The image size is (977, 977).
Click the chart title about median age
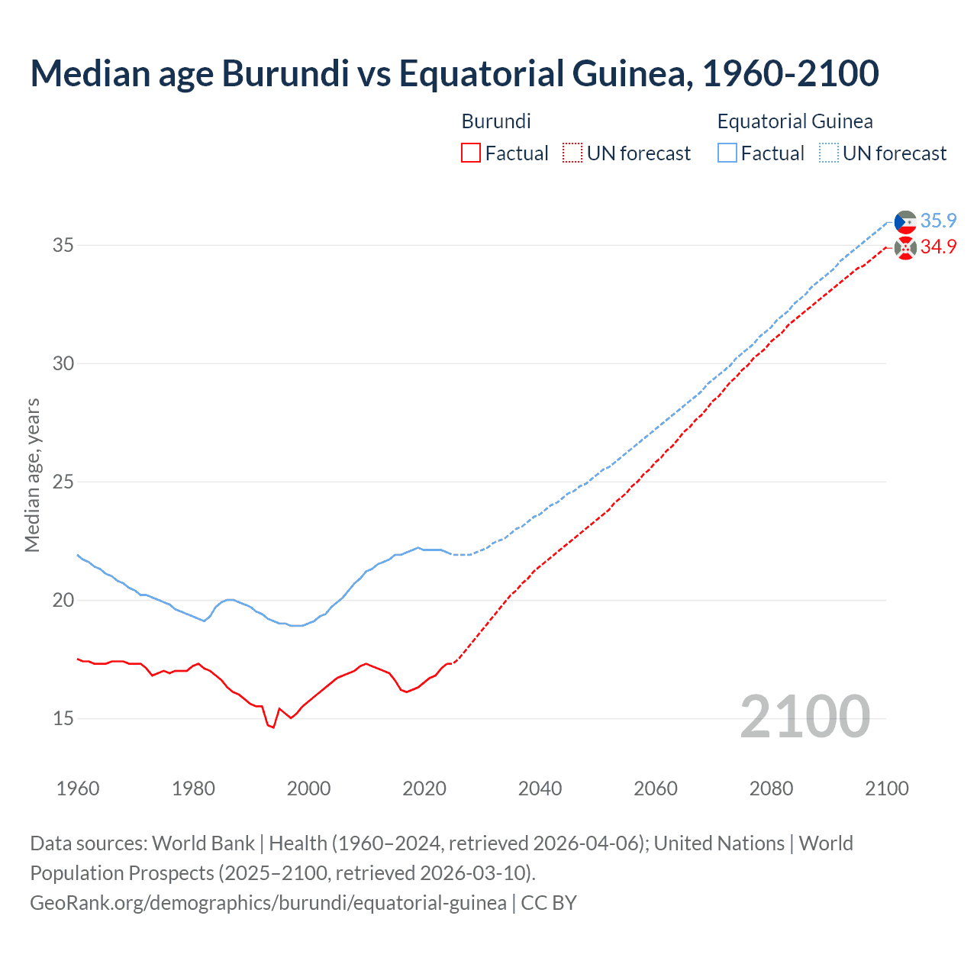[x=454, y=73]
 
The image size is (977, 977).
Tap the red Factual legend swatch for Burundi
[x=471, y=153]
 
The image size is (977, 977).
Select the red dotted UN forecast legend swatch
[x=572, y=153]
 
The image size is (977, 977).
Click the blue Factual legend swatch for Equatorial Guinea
[x=727, y=153]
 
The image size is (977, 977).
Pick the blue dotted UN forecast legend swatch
[x=828, y=153]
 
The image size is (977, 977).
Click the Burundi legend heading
[x=496, y=121]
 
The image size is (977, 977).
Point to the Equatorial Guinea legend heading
[x=795, y=121]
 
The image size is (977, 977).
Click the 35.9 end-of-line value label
[x=938, y=221]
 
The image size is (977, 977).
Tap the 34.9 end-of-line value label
[x=938, y=247]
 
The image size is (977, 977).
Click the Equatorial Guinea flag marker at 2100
[x=905, y=222]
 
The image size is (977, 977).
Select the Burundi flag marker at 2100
[x=905, y=248]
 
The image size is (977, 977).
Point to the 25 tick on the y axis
[x=63, y=482]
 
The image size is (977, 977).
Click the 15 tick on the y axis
[x=63, y=718]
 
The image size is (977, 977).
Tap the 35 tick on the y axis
[x=63, y=246]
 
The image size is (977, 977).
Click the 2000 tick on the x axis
[x=308, y=788]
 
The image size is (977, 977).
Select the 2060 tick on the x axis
[x=656, y=788]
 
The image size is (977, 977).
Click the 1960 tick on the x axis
[x=78, y=788]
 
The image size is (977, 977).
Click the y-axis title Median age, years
[x=32, y=475]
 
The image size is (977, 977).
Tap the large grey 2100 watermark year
[x=804, y=716]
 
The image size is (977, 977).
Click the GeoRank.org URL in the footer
[x=268, y=903]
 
